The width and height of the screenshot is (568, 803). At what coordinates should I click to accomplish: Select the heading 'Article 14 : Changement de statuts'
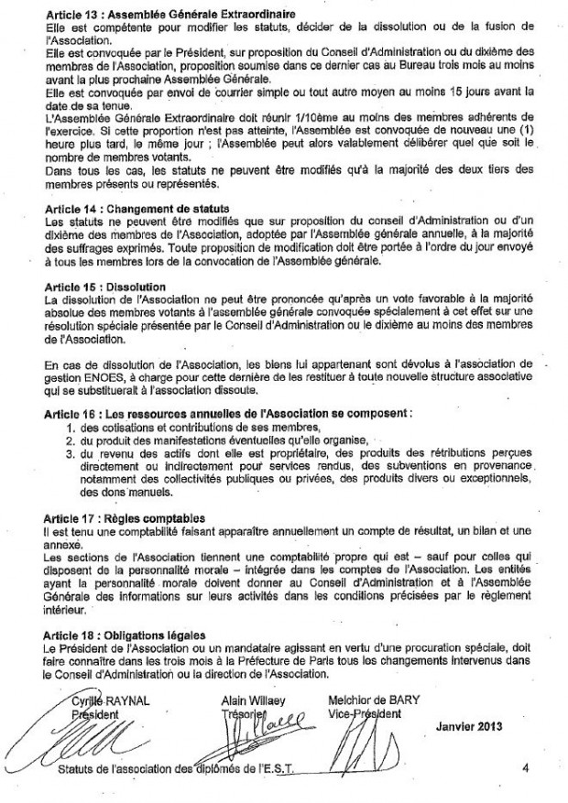[137, 210]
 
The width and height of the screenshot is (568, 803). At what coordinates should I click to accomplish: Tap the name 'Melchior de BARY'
[373, 700]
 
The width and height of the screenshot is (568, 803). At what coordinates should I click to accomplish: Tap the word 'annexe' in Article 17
[60, 543]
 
